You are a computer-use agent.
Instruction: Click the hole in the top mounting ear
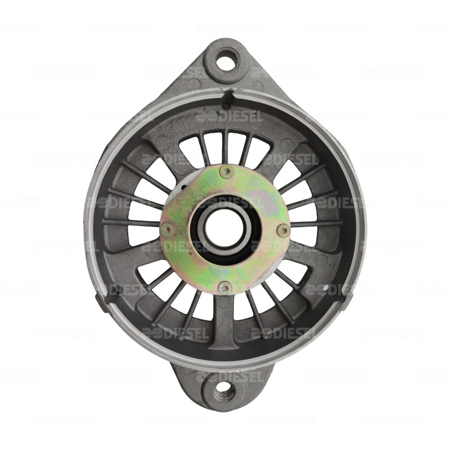[x=226, y=60]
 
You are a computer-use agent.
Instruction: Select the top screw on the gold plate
[x=227, y=171]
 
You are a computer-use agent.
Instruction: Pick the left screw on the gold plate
[x=166, y=229]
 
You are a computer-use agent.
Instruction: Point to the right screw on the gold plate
[x=284, y=228]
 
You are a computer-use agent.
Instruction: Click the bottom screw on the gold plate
[x=225, y=287]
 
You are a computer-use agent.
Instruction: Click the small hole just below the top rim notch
[x=226, y=105]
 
